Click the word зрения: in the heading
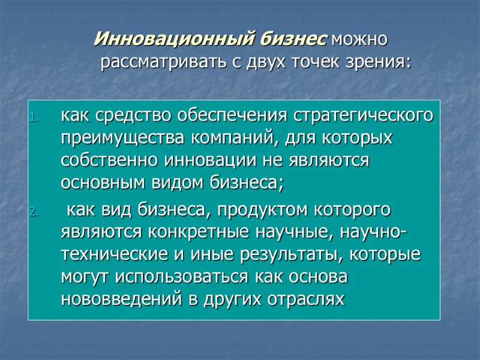pos(382,62)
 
